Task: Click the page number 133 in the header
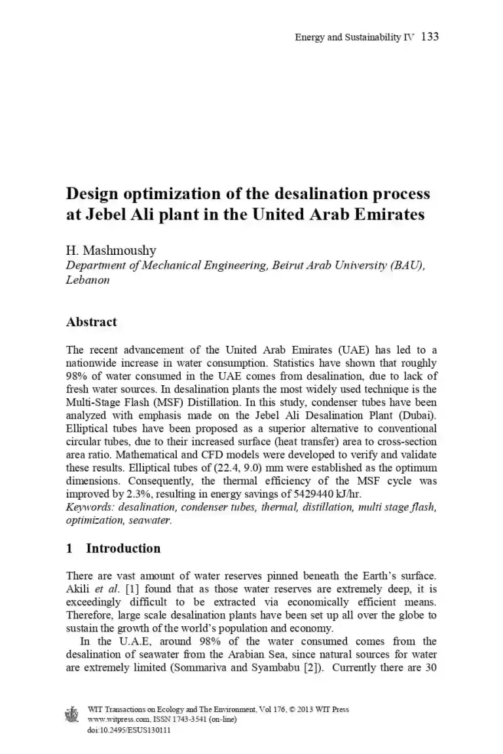430,37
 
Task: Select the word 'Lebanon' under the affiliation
88,280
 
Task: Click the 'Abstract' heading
92,322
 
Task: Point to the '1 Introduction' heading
113,548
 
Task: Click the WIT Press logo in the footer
72,715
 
